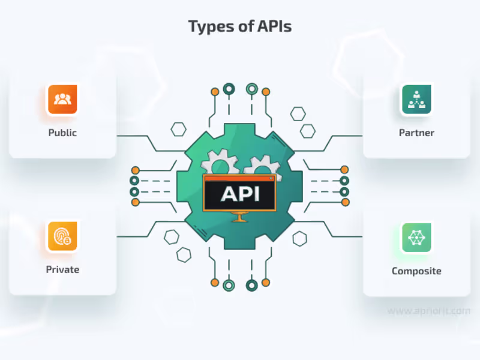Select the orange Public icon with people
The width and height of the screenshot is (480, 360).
[x=62, y=99]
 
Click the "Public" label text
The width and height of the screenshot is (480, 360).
[x=62, y=133]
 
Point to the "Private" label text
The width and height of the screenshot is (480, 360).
[x=62, y=269]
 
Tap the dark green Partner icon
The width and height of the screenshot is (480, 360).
[x=416, y=99]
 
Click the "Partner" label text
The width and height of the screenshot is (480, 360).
[x=416, y=133]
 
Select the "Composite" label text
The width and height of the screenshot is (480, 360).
[x=416, y=271]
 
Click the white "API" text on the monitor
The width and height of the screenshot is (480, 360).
[x=239, y=193]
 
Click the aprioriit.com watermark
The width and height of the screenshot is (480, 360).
[x=428, y=311]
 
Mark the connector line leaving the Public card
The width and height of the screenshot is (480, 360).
[x=135, y=136]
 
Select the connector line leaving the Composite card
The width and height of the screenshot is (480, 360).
[x=345, y=236]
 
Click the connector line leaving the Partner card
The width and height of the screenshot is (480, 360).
[x=345, y=136]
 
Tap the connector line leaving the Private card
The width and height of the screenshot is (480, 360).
[x=135, y=236]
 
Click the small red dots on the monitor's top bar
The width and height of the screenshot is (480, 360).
[x=271, y=178]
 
